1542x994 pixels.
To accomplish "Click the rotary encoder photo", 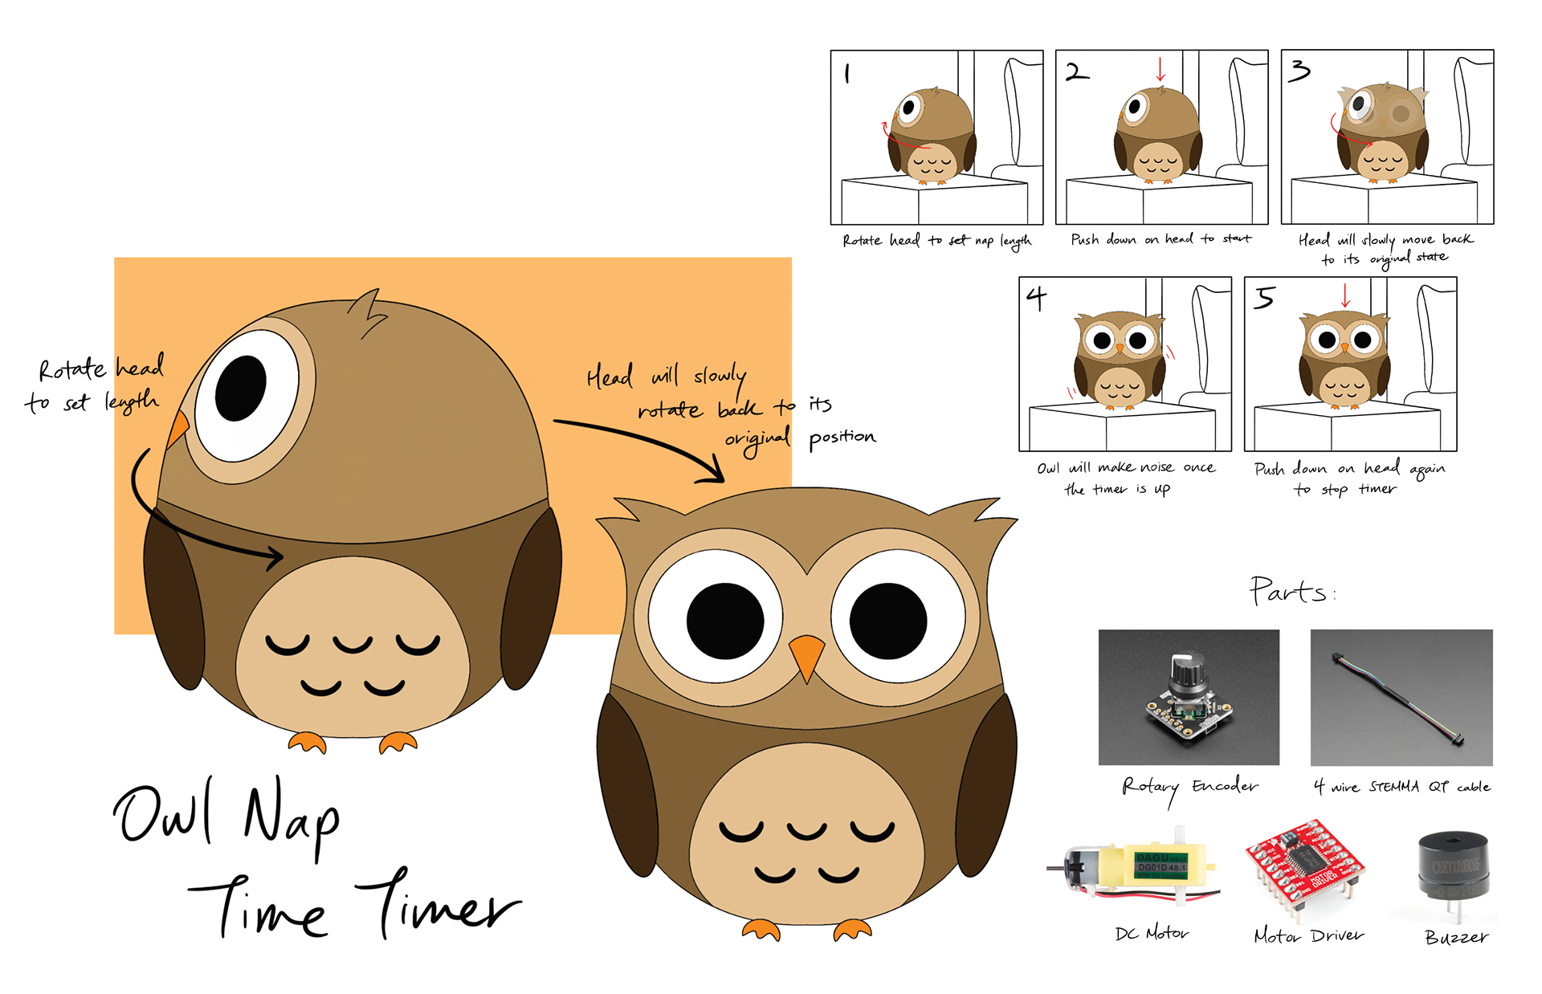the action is pyautogui.click(x=1189, y=697).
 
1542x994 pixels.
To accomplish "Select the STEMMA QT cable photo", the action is pyautogui.click(x=1401, y=697).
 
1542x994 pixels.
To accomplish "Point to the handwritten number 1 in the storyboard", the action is pyautogui.click(x=847, y=74).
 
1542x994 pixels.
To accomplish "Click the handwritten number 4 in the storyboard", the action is pyautogui.click(x=1037, y=299).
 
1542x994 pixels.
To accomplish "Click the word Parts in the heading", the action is pyautogui.click(x=1287, y=592).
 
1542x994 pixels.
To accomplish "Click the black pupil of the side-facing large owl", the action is pyautogui.click(x=241, y=387).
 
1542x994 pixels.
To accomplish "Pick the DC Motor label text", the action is pyautogui.click(x=1152, y=933).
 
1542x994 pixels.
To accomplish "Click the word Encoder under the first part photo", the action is pyautogui.click(x=1225, y=785).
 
